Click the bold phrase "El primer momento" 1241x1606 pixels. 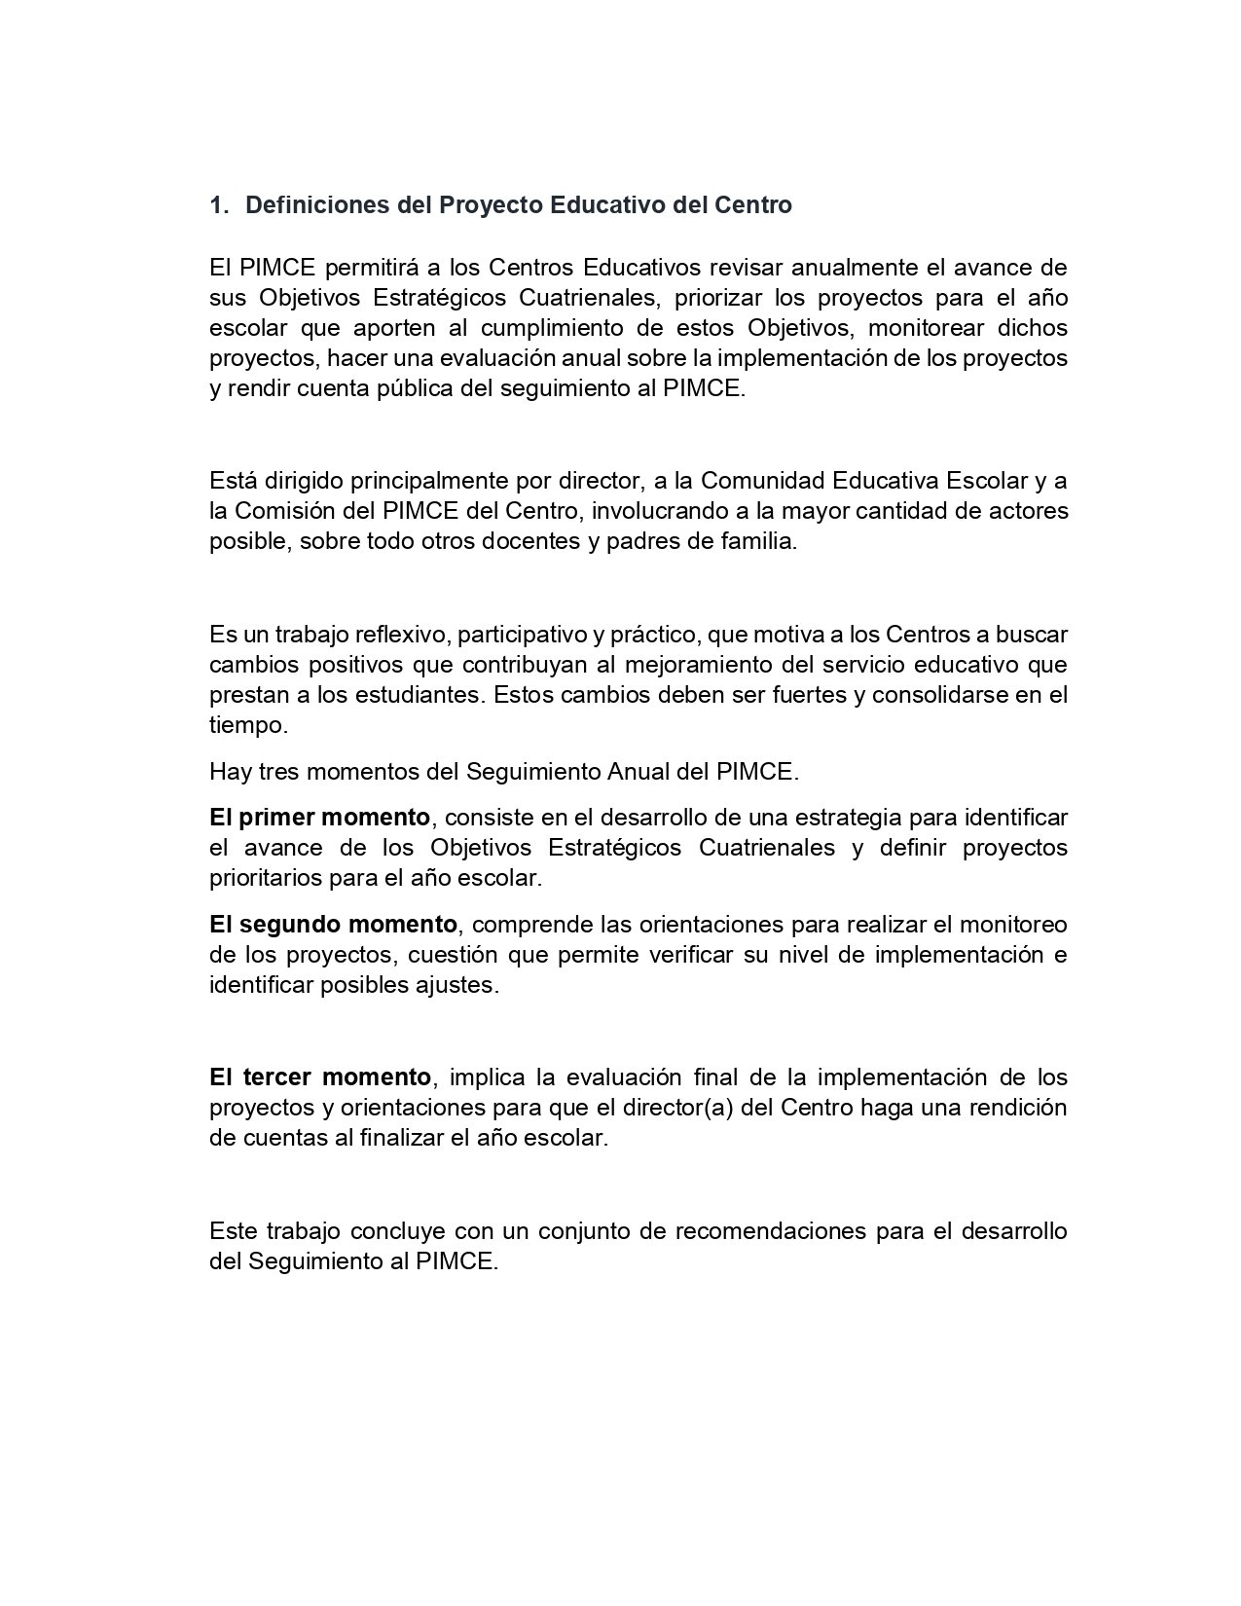319,817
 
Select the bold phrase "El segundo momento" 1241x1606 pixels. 333,924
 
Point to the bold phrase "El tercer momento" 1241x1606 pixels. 319,1077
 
